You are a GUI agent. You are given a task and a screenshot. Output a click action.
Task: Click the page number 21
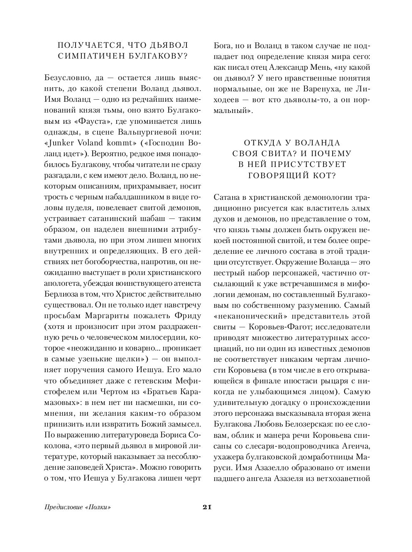tap(206, 507)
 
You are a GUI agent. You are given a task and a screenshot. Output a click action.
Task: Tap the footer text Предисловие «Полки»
tap(78, 507)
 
